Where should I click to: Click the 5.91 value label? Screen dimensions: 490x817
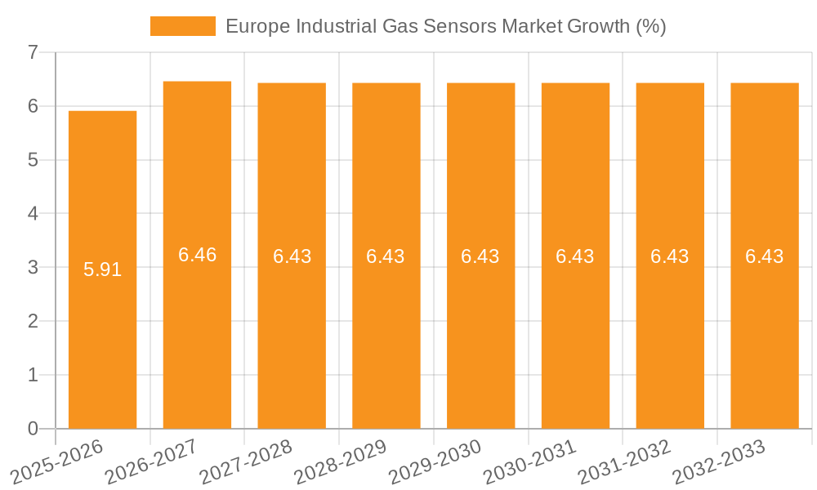(102, 269)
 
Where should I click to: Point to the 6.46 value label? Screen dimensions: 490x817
(197, 255)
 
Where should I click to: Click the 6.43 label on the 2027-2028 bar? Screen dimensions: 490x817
(292, 256)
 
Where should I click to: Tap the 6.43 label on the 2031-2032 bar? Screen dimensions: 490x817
(670, 256)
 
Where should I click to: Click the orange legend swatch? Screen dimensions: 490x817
(182, 26)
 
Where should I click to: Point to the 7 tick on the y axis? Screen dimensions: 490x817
(33, 52)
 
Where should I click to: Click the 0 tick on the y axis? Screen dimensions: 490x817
(33, 429)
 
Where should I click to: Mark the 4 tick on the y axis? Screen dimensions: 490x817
(33, 214)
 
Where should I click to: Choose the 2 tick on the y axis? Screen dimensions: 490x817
(33, 321)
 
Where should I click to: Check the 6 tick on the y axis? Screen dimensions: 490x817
(33, 106)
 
